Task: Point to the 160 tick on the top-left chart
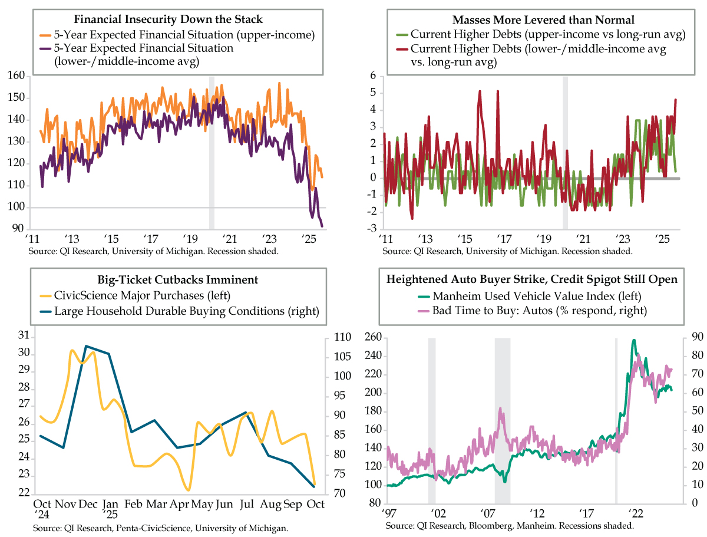[16, 75]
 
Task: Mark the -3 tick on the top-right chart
[373, 229]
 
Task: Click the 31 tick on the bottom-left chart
[24, 336]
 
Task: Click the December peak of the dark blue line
[87, 346]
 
